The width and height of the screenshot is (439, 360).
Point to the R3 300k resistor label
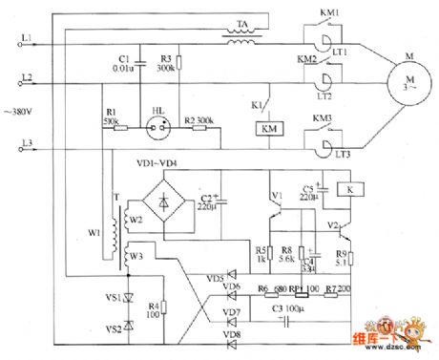pos(166,62)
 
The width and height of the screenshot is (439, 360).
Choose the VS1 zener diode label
pos(112,299)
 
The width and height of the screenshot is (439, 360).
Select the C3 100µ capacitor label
pos(285,310)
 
